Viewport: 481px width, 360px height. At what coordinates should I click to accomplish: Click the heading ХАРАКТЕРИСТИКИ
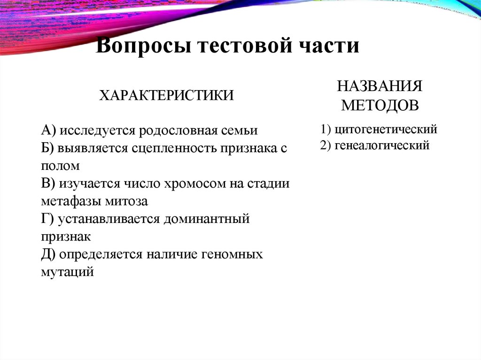(166, 96)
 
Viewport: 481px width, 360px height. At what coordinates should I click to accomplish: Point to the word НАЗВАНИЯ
(380, 86)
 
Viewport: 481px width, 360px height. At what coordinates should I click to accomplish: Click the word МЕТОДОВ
(380, 105)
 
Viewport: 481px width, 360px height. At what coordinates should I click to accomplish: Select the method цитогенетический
(386, 128)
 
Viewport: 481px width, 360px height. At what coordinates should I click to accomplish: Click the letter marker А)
(48, 130)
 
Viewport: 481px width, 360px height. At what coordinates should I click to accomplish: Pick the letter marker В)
(48, 184)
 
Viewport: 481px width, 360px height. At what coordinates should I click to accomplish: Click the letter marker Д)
(49, 254)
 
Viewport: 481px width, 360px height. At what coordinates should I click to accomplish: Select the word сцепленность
(172, 148)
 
